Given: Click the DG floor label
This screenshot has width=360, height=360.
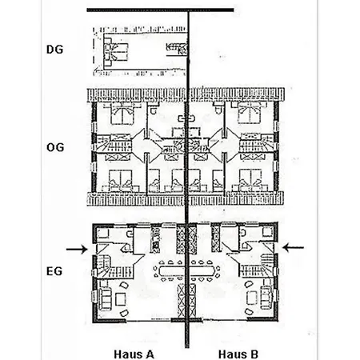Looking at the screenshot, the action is (54, 50).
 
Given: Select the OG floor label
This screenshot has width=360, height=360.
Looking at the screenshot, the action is (55, 147).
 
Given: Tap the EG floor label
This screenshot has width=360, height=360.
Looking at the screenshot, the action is (54, 271).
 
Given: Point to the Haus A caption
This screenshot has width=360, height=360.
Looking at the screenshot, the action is (134, 354).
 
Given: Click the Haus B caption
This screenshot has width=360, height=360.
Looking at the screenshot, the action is (238, 354).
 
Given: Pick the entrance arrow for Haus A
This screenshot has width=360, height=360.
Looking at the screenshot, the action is (77, 250).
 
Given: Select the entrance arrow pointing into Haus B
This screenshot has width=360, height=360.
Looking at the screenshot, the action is (293, 247).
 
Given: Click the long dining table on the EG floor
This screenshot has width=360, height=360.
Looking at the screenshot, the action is (186, 270).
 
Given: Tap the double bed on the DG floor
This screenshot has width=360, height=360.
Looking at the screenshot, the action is (116, 52).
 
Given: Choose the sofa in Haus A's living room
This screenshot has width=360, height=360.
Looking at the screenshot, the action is (105, 298).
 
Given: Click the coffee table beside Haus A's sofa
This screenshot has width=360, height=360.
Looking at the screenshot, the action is (121, 299).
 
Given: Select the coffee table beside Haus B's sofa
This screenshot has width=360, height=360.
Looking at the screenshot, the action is (252, 298).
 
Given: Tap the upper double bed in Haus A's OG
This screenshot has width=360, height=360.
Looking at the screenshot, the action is (122, 113).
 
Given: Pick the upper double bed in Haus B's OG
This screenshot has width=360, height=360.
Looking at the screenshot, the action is (250, 113).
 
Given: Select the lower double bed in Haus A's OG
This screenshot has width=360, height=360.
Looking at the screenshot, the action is (121, 181).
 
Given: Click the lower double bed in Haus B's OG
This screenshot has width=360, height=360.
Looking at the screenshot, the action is (251, 181).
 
